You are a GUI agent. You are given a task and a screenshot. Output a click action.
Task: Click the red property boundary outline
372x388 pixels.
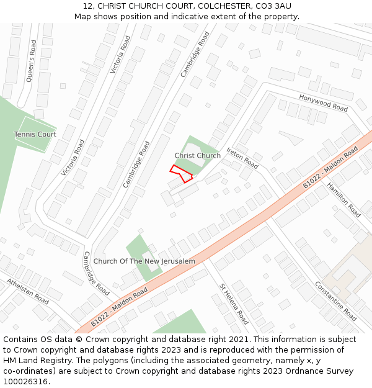coord(181,173)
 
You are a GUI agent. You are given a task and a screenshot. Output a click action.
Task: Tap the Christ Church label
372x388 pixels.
coord(197,156)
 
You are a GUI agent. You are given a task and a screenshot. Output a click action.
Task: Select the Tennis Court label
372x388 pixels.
coord(35,134)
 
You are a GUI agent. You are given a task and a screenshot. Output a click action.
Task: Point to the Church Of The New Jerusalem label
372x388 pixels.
coord(144,261)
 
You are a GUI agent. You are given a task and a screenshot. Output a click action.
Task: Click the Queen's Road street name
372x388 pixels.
coord(32,61)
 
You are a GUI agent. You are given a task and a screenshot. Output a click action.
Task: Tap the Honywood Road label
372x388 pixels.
coord(323,103)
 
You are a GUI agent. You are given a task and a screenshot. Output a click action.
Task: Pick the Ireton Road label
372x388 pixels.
coord(242,158)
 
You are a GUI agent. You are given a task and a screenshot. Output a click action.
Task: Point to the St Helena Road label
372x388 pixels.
coord(234,304)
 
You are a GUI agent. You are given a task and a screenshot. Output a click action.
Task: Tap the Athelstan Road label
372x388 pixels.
coord(27,291)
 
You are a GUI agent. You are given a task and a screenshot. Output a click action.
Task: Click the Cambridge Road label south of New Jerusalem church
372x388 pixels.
coord(96,274)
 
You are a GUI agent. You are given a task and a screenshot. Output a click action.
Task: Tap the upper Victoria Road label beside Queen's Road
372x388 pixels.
coord(120,55)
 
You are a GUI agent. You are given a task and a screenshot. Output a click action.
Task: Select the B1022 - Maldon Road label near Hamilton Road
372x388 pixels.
coord(330,168)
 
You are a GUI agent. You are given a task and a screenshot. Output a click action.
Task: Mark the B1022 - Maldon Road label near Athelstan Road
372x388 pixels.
coord(119,307)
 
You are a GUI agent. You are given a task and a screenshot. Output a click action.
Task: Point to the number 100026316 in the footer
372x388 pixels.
coord(26,382)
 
